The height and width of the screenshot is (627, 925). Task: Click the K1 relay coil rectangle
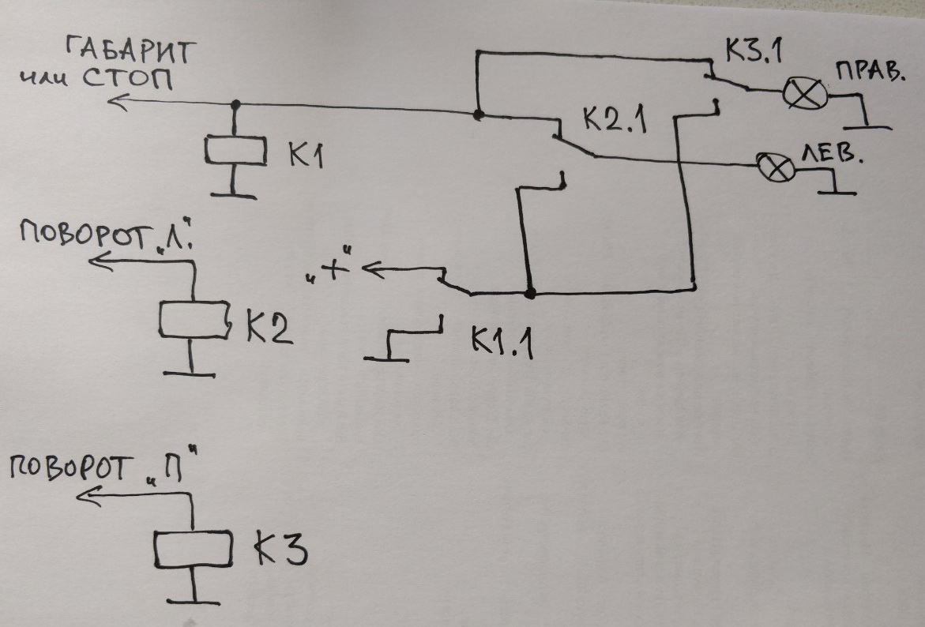[235, 151]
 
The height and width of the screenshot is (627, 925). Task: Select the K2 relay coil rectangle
[194, 318]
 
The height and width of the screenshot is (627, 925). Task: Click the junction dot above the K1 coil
[235, 104]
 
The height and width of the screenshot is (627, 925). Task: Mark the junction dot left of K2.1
[477, 115]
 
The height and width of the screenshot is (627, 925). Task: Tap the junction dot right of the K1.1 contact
[530, 294]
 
